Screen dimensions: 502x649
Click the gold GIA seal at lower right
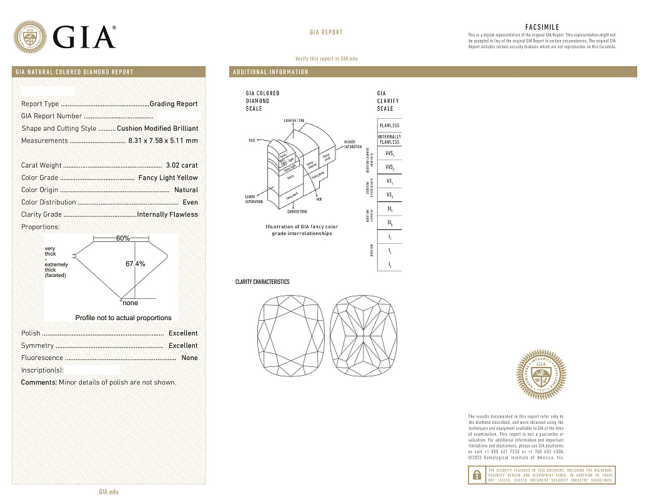[x=542, y=376]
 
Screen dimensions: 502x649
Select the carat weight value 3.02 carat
[x=182, y=166]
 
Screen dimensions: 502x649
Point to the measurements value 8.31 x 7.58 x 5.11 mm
[x=162, y=141]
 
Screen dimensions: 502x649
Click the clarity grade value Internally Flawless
[x=167, y=214]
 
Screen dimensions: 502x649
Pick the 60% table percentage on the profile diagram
[x=122, y=238]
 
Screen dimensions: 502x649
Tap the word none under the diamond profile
[x=130, y=303]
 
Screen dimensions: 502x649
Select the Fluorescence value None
[x=189, y=358]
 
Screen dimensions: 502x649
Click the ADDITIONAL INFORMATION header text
[x=270, y=73]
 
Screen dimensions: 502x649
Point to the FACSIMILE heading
[x=542, y=28]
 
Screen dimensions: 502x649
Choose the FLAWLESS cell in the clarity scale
[x=389, y=126]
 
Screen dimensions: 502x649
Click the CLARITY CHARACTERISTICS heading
[x=262, y=282]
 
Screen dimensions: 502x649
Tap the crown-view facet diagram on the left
[x=292, y=338]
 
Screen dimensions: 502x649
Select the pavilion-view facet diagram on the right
[x=364, y=338]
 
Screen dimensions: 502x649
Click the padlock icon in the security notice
[x=476, y=475]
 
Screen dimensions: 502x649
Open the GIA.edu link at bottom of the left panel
[x=108, y=492]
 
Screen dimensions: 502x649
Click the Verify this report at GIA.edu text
[x=326, y=59]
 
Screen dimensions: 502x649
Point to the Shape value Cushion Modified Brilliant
[x=157, y=128]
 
